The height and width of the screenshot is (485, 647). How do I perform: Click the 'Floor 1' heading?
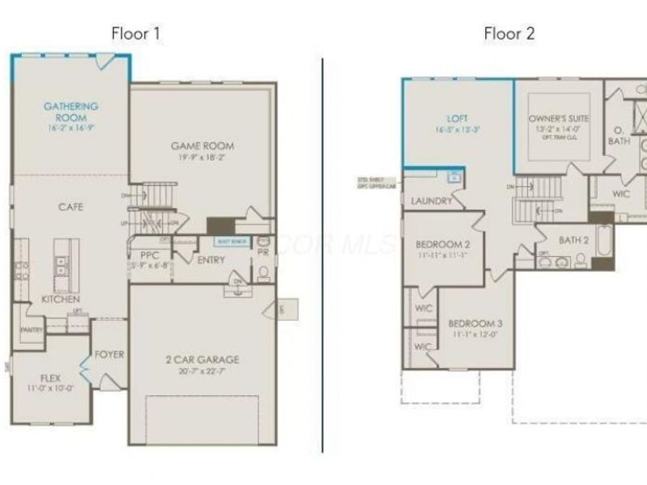(x=136, y=34)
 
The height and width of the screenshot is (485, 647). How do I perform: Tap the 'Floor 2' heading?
(x=509, y=34)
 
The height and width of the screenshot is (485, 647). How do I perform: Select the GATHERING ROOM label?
(x=71, y=112)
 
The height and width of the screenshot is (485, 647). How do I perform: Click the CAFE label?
(x=71, y=207)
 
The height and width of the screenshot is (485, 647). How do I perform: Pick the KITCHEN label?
(x=61, y=299)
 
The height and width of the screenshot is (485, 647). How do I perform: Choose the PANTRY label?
(x=32, y=330)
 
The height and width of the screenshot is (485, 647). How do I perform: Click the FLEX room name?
(x=51, y=377)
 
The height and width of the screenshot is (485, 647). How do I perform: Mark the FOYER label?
(x=109, y=353)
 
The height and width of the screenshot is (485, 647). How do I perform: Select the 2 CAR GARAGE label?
(x=202, y=360)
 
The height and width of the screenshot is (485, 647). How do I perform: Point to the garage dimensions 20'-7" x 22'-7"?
(x=202, y=372)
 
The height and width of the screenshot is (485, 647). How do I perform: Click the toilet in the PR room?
(x=263, y=272)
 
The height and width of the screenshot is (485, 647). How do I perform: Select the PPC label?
(x=150, y=255)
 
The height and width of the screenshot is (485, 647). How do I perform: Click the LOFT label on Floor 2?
(x=458, y=118)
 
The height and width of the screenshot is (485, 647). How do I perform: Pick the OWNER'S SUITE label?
(x=559, y=119)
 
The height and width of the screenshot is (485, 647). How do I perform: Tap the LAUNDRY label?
(x=431, y=200)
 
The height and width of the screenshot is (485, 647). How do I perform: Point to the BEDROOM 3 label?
(x=476, y=323)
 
